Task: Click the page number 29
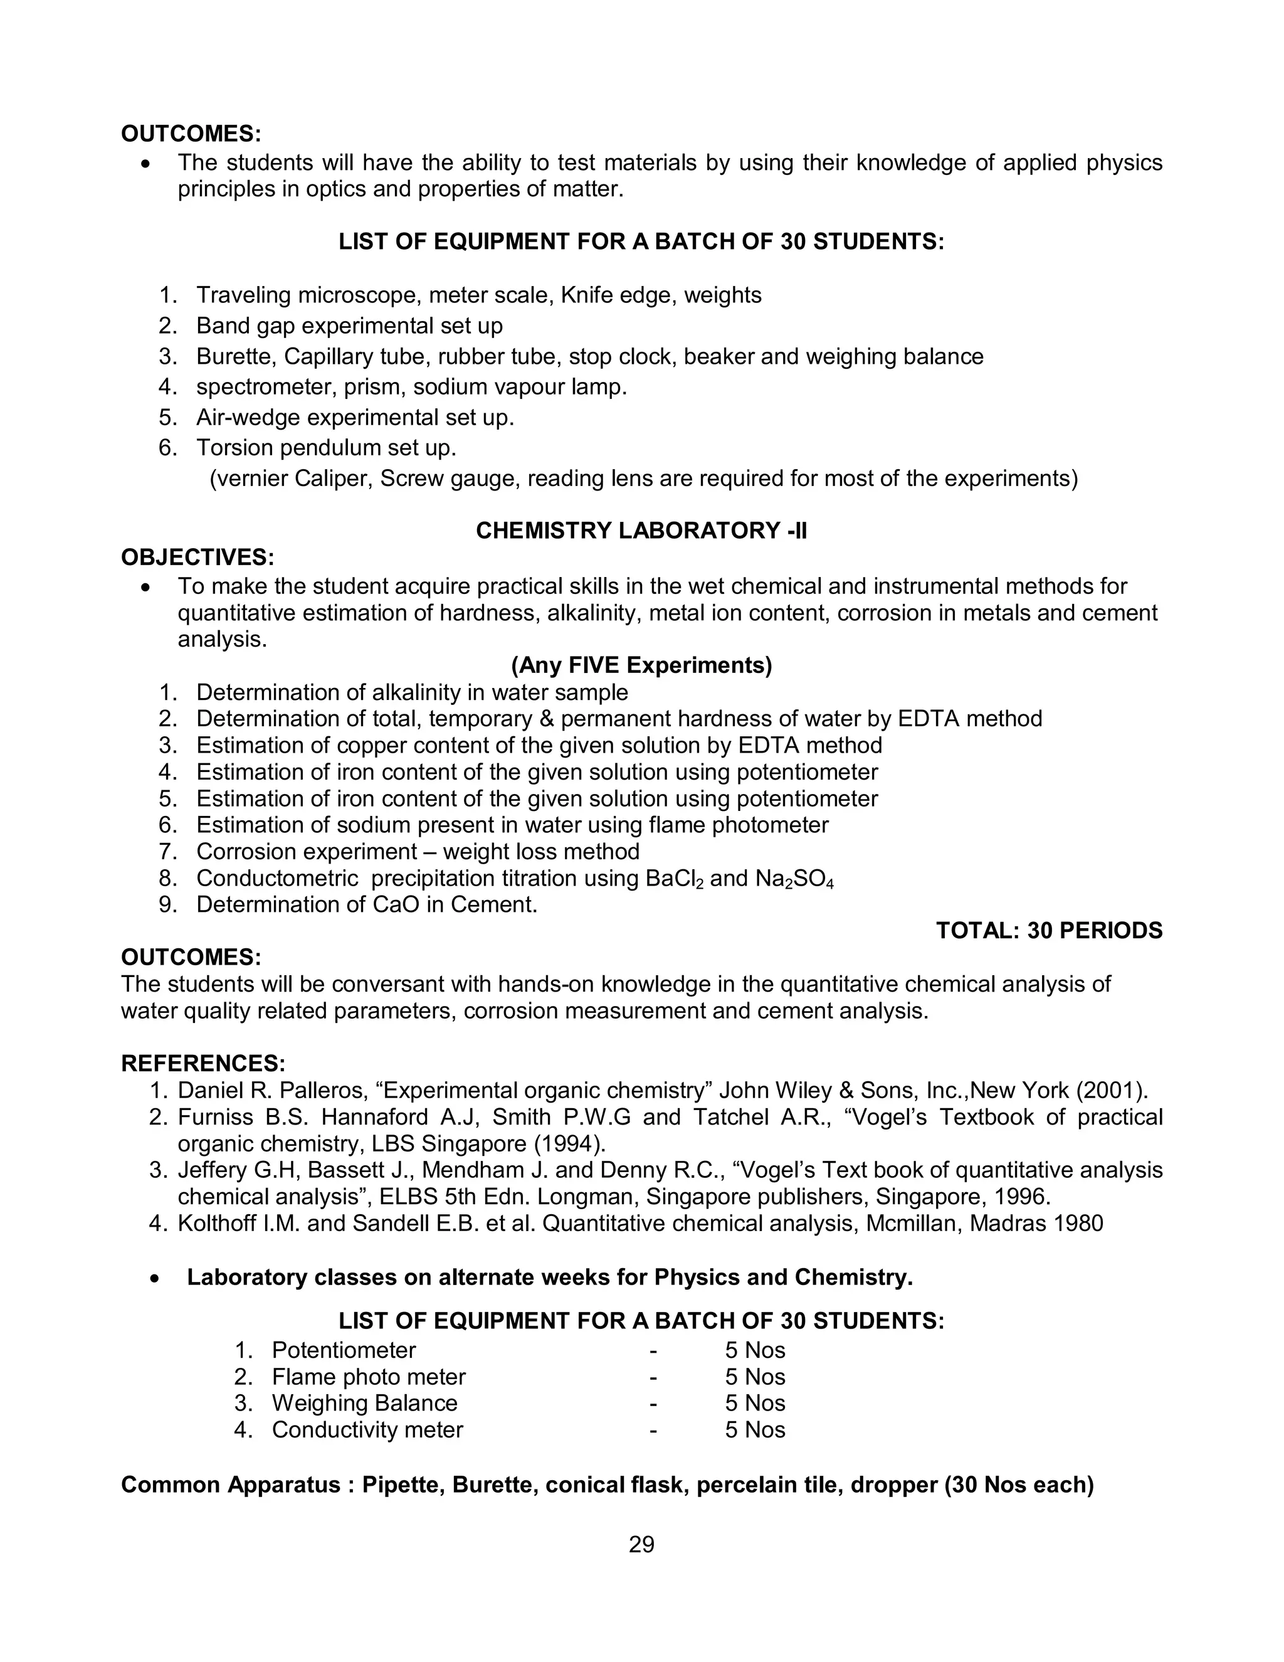tap(641, 1544)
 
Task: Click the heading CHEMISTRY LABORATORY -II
tap(641, 531)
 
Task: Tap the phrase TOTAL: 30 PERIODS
tap(1048, 930)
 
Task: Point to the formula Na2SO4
tap(794, 878)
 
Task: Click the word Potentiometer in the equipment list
tap(344, 1350)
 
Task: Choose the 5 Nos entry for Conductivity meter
tap(755, 1429)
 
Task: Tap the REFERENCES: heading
tap(203, 1063)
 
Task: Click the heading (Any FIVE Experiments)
tap(641, 665)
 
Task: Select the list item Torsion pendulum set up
tap(325, 447)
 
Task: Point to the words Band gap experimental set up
tap(349, 326)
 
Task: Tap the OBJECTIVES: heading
tap(197, 557)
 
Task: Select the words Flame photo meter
tap(368, 1377)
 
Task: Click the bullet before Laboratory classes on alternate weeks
tap(155, 1278)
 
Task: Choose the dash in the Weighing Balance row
tap(653, 1402)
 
